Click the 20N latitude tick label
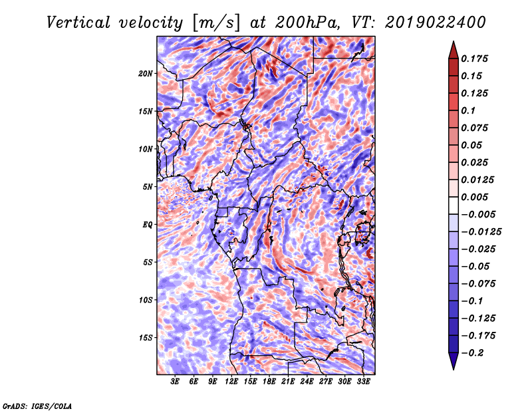tap(146, 73)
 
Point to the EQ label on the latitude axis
tap(147, 224)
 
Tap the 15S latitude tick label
tap(146, 337)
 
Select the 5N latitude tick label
tap(148, 186)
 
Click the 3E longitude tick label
tap(176, 382)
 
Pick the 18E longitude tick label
tap(269, 382)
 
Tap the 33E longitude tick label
tap(363, 382)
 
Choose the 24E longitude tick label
tap(307, 382)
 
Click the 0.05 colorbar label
tap(472, 146)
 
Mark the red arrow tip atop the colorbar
tap(453, 45)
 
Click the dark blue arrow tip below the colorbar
tap(453, 365)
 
